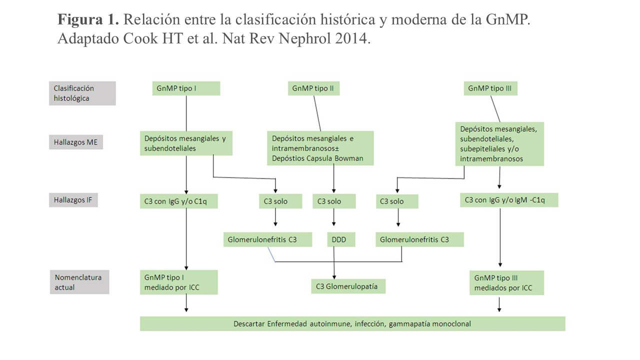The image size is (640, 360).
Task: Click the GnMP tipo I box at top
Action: click(186, 89)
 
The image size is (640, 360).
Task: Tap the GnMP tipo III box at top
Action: click(490, 89)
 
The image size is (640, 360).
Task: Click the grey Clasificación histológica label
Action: click(82, 93)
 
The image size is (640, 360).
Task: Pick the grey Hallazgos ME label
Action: click(76, 142)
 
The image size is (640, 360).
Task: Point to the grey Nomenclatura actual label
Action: click(79, 282)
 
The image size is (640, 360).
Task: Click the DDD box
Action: click(338, 240)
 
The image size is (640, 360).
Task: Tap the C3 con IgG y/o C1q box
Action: click(178, 201)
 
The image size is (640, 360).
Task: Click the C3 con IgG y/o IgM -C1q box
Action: click(508, 200)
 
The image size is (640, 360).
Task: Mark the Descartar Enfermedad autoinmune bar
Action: click(352, 324)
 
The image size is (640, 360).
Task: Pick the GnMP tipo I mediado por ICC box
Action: click(178, 282)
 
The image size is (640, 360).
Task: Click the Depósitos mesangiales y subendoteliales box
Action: click(186, 143)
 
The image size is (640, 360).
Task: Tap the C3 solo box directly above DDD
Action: click(333, 201)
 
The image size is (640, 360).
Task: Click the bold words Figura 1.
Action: click(88, 20)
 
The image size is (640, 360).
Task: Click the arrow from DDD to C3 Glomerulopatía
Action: click(334, 262)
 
